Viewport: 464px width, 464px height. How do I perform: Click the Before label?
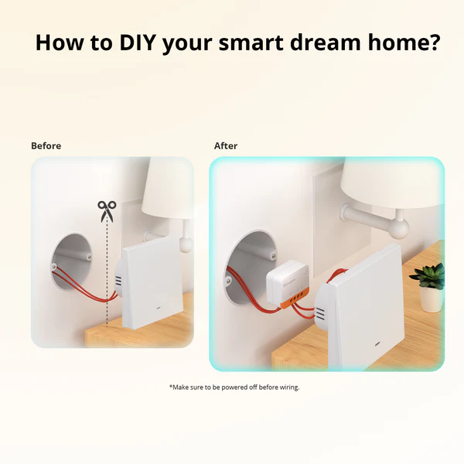tap(46, 145)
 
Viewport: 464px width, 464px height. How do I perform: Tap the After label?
tap(226, 145)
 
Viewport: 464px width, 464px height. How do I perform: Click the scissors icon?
tap(106, 210)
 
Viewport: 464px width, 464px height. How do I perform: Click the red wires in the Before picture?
tap(85, 283)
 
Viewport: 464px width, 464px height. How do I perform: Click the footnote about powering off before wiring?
tap(234, 387)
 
